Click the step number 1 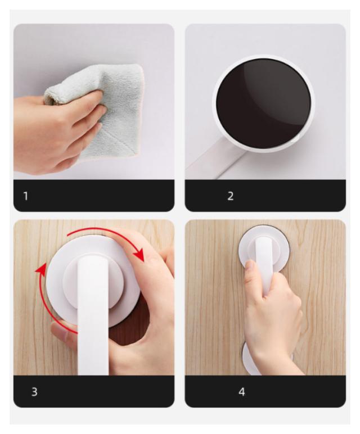click(x=26, y=196)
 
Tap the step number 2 click(x=231, y=196)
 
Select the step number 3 click(x=34, y=392)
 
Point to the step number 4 click(x=242, y=392)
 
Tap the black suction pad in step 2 click(x=263, y=103)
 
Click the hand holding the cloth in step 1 click(x=58, y=130)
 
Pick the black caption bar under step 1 click(x=94, y=196)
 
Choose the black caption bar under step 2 click(x=265, y=196)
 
